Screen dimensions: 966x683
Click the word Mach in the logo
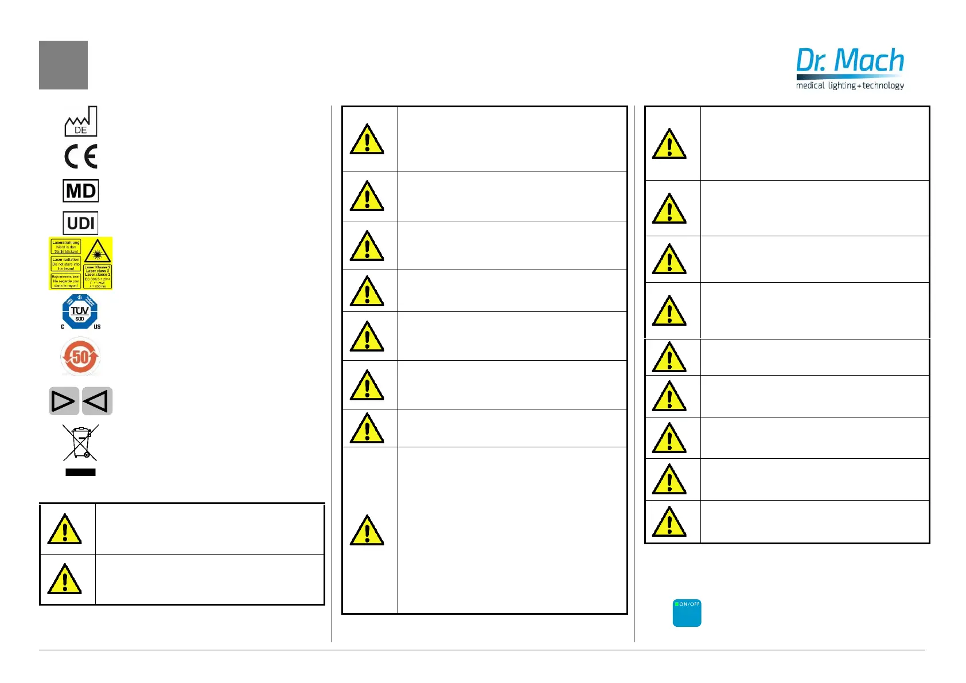(x=870, y=61)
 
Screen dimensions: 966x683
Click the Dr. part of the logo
(x=811, y=61)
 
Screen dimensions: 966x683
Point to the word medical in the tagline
(x=810, y=85)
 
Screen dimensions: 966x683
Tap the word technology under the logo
(x=883, y=85)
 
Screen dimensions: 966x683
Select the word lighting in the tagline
(x=842, y=85)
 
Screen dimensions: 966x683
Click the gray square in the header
(x=63, y=65)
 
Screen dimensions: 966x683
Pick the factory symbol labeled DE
(x=80, y=121)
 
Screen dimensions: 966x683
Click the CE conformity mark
(x=81, y=157)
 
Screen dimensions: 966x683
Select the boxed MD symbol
(x=81, y=191)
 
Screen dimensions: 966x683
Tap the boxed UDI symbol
(x=81, y=223)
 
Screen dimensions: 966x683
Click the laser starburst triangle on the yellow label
(x=98, y=251)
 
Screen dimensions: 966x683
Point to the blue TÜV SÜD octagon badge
(x=80, y=311)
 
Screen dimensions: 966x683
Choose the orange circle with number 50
(x=80, y=357)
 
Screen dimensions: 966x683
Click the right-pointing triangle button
(x=63, y=401)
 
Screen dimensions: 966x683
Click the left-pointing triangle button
(x=97, y=401)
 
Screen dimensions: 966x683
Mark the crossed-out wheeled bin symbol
(x=81, y=443)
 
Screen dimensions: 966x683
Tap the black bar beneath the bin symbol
(x=80, y=473)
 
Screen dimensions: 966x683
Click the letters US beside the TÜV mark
(x=97, y=327)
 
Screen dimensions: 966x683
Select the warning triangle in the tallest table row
(x=367, y=530)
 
